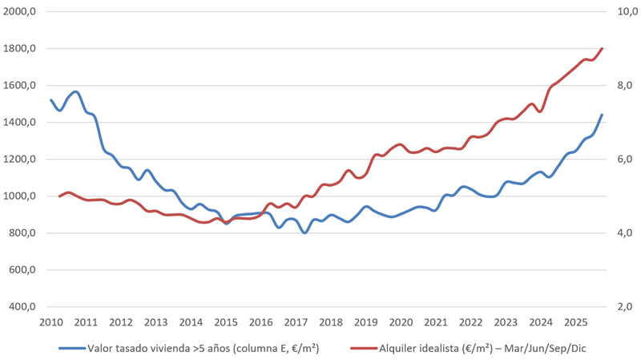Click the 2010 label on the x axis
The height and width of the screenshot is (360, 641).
coord(50,322)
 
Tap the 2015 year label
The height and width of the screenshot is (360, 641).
coord(225,322)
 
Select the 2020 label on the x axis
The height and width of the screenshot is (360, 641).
coord(400,322)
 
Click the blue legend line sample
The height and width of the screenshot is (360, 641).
coord(72,348)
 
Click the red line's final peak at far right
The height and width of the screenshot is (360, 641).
coord(602,48)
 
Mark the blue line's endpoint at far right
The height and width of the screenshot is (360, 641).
coord(602,115)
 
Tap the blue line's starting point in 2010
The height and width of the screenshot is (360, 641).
coord(51,100)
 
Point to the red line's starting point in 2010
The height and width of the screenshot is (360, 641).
coord(60,196)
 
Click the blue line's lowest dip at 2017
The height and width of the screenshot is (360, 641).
coord(304,233)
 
